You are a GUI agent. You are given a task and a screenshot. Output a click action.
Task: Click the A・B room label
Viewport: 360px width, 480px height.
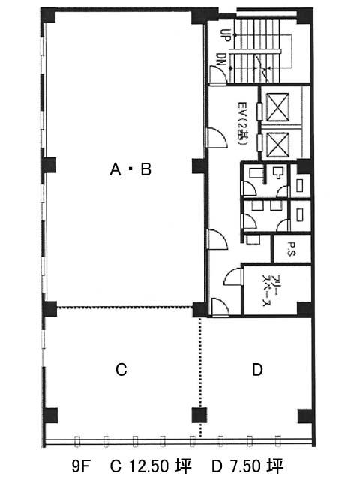point(130,169)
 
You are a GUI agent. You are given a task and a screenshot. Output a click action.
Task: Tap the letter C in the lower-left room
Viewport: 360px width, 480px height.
point(121,370)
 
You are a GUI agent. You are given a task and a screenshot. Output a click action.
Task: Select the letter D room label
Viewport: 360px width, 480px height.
point(257,370)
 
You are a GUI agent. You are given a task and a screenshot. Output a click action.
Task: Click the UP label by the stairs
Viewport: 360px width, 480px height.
point(226,35)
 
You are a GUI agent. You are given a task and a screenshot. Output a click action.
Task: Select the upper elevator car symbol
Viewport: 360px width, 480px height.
point(277,106)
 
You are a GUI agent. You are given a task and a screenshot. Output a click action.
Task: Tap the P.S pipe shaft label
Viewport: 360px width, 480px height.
point(291,249)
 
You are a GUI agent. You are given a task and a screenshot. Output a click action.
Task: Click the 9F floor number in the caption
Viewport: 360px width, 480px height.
point(80,466)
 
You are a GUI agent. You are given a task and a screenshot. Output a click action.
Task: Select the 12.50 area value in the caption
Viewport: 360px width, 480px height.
point(149,466)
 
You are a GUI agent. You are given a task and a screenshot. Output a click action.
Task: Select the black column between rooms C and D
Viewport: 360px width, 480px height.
point(199,415)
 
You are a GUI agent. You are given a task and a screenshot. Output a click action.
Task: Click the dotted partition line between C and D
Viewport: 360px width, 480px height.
point(200,377)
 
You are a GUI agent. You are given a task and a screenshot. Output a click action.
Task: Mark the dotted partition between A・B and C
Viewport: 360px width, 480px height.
point(125,307)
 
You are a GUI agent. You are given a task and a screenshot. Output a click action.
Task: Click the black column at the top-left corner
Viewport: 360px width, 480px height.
point(48,15)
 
